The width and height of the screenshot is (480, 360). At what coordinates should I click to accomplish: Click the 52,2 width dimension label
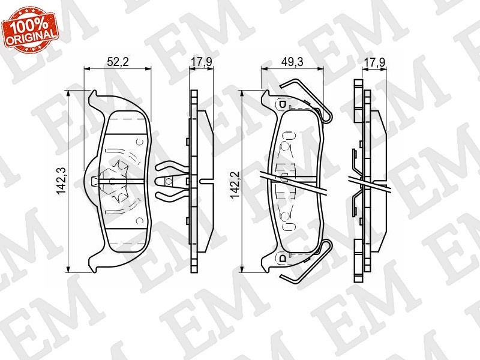tap(118, 62)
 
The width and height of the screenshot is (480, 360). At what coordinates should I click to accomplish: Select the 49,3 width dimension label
tap(292, 62)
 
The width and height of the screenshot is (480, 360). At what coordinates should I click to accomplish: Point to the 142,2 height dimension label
tap(235, 185)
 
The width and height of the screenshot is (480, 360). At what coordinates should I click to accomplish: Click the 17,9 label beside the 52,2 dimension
tap(202, 62)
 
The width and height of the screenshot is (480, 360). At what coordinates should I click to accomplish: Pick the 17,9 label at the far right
tap(374, 62)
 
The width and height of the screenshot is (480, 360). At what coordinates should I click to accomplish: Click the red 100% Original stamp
tap(29, 29)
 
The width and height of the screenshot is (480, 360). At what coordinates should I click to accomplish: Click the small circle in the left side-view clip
tap(168, 181)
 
